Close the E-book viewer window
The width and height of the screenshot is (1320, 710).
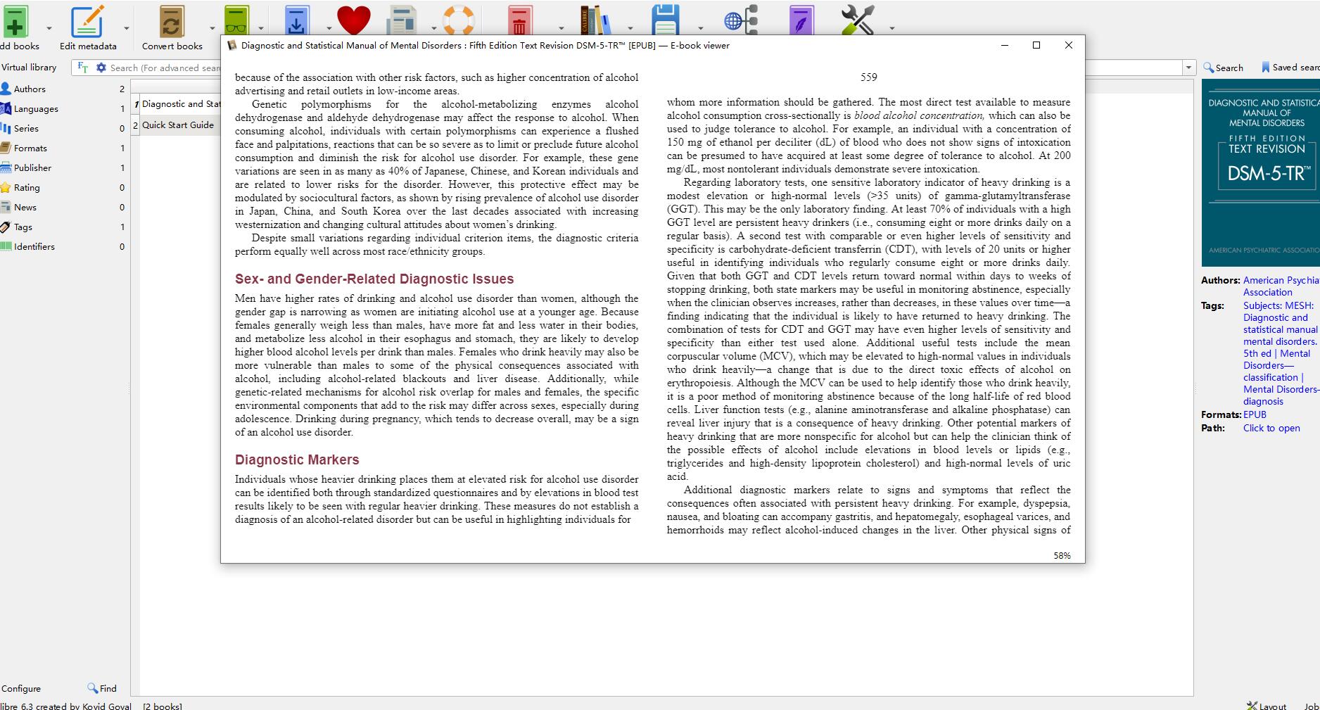(1068, 45)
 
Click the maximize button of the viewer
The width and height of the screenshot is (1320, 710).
(1036, 45)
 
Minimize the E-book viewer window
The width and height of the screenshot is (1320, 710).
(1004, 45)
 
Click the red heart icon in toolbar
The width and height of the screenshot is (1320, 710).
(353, 20)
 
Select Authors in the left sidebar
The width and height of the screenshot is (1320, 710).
(30, 89)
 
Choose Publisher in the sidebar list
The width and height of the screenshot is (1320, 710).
(32, 168)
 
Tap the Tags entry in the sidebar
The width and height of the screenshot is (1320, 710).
(23, 227)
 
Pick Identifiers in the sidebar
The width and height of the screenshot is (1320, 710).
(34, 247)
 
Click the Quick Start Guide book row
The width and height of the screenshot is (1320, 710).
(177, 125)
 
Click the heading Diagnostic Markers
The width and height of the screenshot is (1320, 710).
(297, 459)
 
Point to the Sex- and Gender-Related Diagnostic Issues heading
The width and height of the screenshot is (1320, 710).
(374, 279)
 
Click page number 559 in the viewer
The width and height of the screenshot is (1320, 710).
(868, 77)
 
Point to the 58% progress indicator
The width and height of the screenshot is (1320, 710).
(1062, 556)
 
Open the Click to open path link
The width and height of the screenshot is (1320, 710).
(1271, 428)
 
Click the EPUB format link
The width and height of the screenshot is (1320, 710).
(1255, 414)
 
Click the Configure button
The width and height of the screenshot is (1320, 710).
(21, 688)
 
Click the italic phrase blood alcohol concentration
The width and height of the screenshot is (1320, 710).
(918, 115)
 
